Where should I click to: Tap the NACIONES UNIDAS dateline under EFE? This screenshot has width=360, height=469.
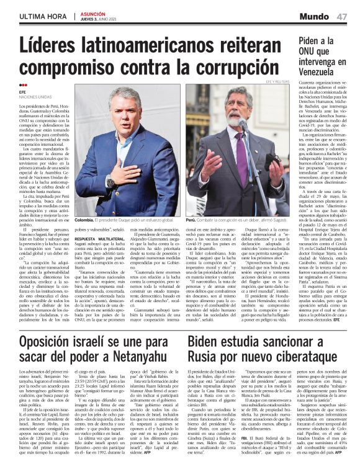[x=35, y=97]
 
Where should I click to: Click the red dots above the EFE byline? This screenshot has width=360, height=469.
[x=23, y=85]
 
